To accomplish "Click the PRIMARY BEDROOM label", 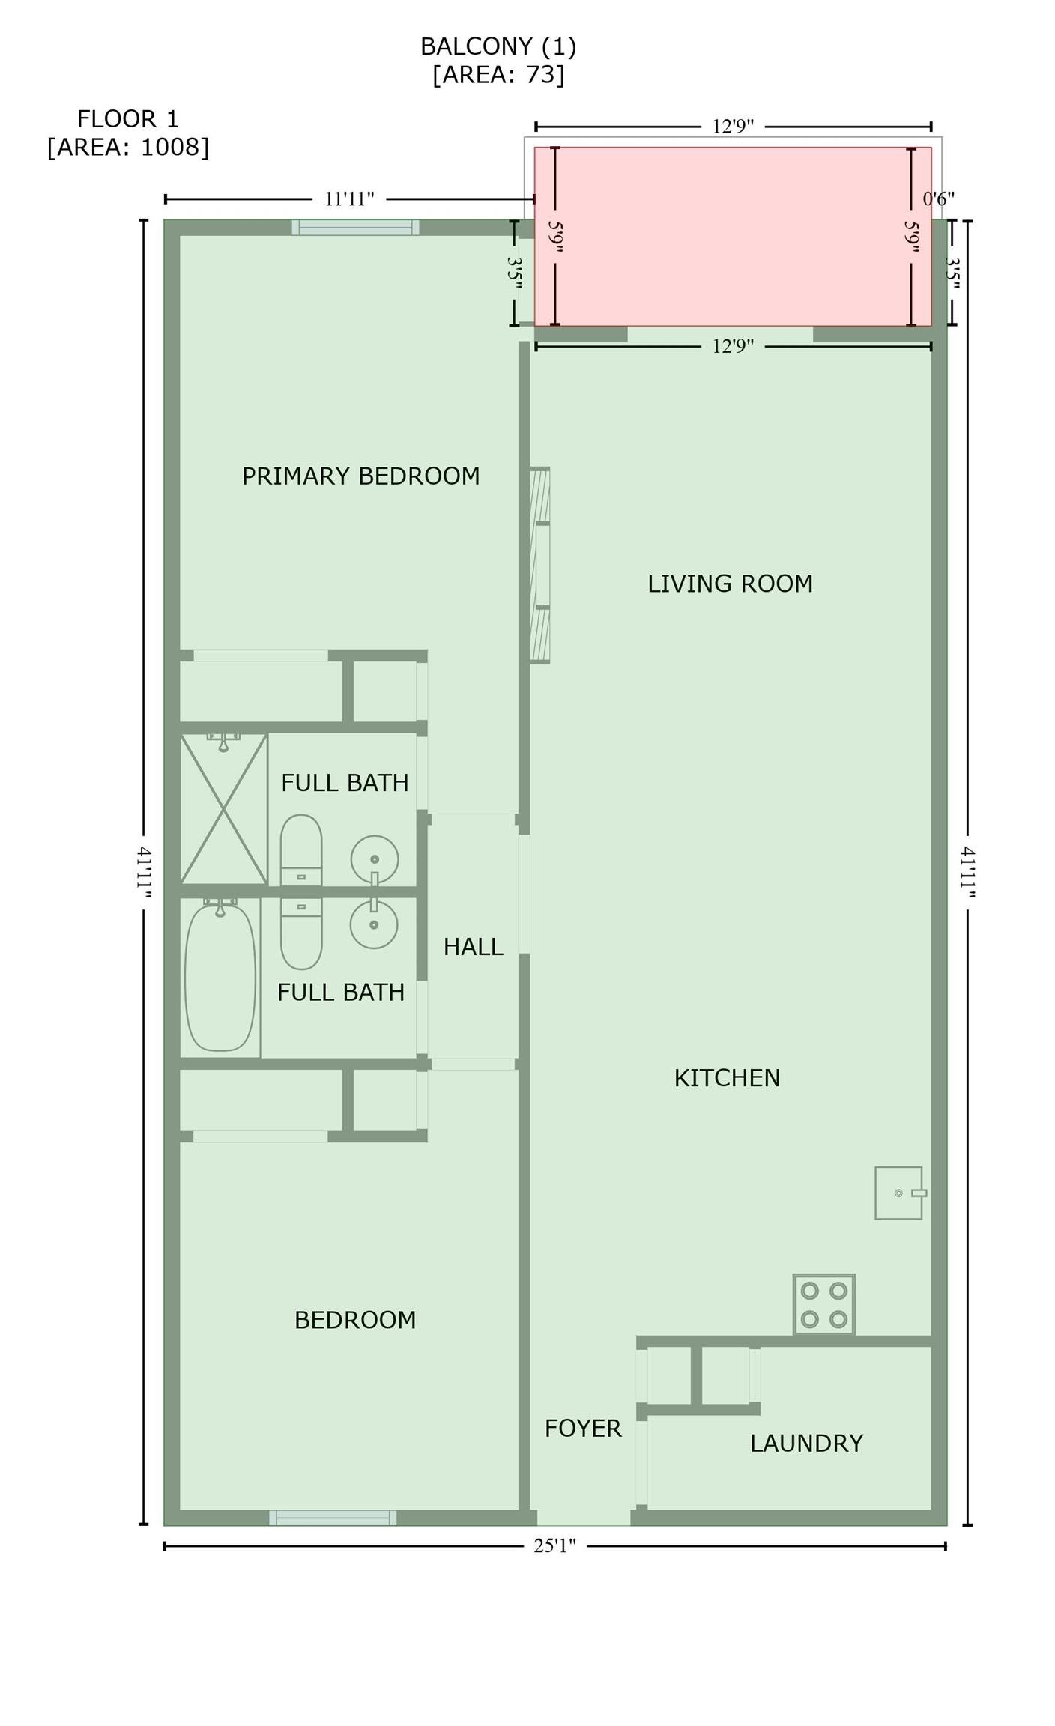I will (360, 476).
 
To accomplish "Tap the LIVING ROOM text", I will (730, 584).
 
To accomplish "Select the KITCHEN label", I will (727, 1078).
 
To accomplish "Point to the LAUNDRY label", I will (806, 1443).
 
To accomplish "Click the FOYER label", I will (583, 1429).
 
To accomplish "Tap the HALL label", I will (473, 947).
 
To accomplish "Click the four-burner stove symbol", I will (823, 1304).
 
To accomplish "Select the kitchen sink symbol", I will (898, 1193).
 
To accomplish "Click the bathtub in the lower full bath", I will (220, 977).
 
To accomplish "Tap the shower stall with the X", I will (223, 809).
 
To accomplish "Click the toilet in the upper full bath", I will (301, 850).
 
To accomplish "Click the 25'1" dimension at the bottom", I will (554, 1545).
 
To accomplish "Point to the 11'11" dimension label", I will (348, 199).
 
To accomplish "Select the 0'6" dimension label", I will (938, 199).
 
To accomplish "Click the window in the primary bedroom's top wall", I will (355, 228).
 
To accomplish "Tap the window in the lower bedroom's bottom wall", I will (333, 1518).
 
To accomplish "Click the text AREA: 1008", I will (128, 147).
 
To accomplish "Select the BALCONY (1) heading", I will (498, 46).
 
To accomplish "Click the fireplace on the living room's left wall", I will (539, 566).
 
